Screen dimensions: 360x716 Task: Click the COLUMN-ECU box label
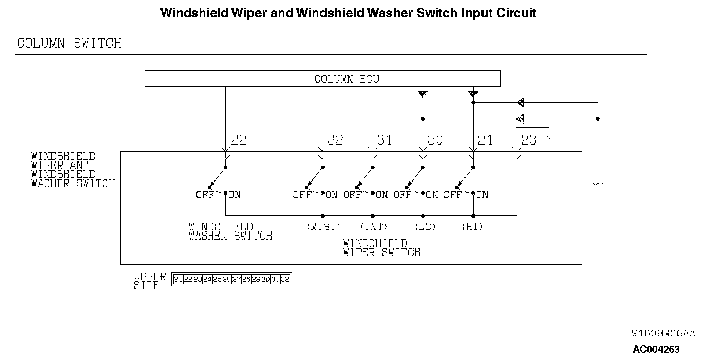[x=347, y=79]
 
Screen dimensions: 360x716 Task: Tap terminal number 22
[x=239, y=140]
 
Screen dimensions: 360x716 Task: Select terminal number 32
[x=335, y=140]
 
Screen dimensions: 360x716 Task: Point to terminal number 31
[x=384, y=140]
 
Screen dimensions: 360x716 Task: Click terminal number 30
[x=435, y=140]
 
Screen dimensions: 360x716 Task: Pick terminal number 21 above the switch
[x=485, y=140]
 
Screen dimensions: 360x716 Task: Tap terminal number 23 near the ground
[x=529, y=140]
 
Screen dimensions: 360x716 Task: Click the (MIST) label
[x=324, y=227]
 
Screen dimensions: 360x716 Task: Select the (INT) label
[x=373, y=227]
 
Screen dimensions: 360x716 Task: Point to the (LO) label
[x=424, y=227]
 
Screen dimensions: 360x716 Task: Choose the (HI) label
[x=472, y=227]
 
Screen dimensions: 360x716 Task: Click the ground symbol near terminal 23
[x=549, y=136]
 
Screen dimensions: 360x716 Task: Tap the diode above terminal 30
[x=423, y=94]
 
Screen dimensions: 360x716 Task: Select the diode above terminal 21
[x=473, y=94]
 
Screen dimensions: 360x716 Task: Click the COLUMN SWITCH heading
[x=69, y=43]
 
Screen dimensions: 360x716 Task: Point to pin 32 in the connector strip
[x=285, y=279]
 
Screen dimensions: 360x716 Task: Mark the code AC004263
[x=656, y=349]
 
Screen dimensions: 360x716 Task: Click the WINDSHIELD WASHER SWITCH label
[x=230, y=231]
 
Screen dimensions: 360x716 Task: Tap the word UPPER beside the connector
[x=150, y=277]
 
